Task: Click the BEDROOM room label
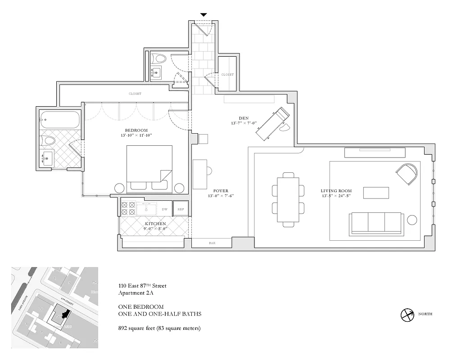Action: (136, 130)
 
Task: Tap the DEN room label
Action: (244, 118)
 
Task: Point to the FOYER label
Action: (221, 191)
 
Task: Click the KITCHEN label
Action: (155, 224)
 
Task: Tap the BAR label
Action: (212, 243)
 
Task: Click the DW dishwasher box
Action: (165, 209)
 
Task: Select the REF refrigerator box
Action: (181, 209)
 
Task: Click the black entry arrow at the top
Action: (204, 15)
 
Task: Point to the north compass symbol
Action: (407, 314)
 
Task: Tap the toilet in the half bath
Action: (159, 58)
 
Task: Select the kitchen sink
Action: (146, 209)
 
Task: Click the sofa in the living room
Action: (376, 224)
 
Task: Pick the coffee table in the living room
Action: (376, 193)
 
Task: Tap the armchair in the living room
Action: (407, 173)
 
